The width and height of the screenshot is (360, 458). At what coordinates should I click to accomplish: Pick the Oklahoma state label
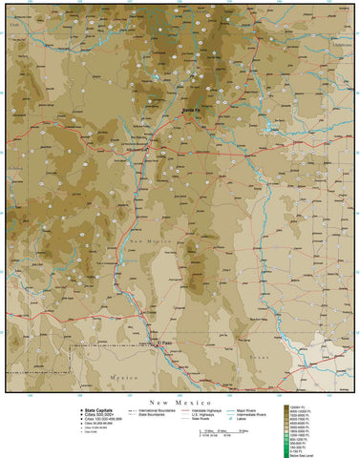tap(340, 44)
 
